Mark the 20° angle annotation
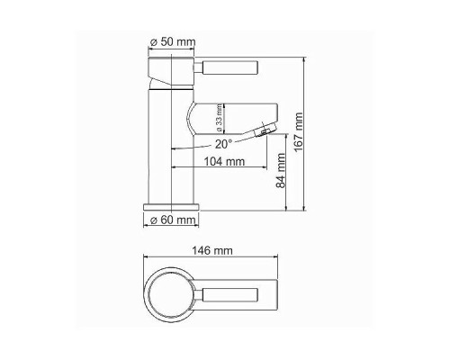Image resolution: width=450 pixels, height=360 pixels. click(x=222, y=143)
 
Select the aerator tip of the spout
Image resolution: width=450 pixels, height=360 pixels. click(x=262, y=133)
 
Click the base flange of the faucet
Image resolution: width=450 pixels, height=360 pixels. click(x=171, y=207)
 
